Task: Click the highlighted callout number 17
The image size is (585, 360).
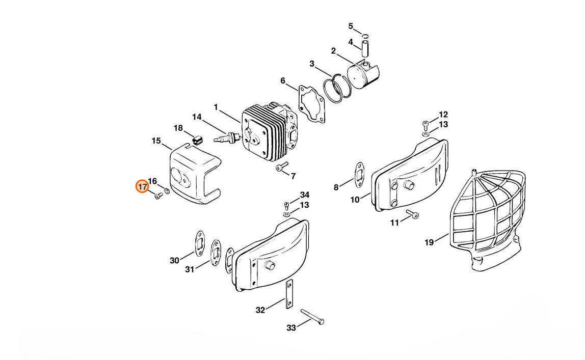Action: tap(142, 186)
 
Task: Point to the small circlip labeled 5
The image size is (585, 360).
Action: tap(366, 36)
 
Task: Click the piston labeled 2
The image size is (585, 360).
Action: tap(363, 74)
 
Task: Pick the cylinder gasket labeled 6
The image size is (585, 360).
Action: tap(312, 103)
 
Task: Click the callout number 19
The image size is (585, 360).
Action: tap(429, 242)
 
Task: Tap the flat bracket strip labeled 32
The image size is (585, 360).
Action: tap(289, 294)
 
